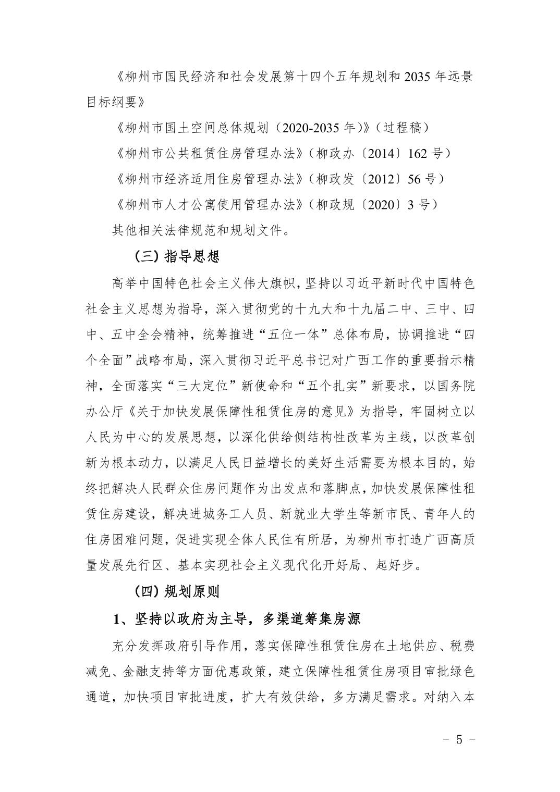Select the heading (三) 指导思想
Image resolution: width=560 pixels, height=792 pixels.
[176, 256]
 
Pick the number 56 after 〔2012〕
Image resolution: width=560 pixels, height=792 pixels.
[414, 179]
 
